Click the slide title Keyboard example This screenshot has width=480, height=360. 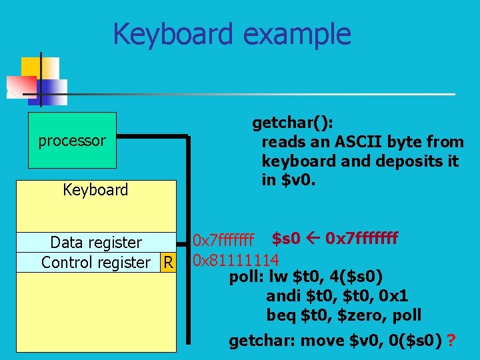tap(231, 34)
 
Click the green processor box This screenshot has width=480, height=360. tap(72, 141)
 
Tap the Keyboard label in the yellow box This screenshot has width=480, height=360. tap(95, 190)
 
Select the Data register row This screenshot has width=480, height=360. tap(96, 242)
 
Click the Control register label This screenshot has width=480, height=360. tap(95, 263)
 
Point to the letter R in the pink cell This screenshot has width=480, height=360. tap(169, 263)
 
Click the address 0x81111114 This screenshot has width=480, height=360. tap(235, 259)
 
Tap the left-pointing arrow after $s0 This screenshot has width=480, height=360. tap(313, 238)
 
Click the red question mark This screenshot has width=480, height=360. tap(452, 341)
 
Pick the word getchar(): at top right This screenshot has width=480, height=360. tap(293, 123)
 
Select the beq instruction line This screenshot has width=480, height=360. tap(343, 315)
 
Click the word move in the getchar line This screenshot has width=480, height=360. tap(323, 341)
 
